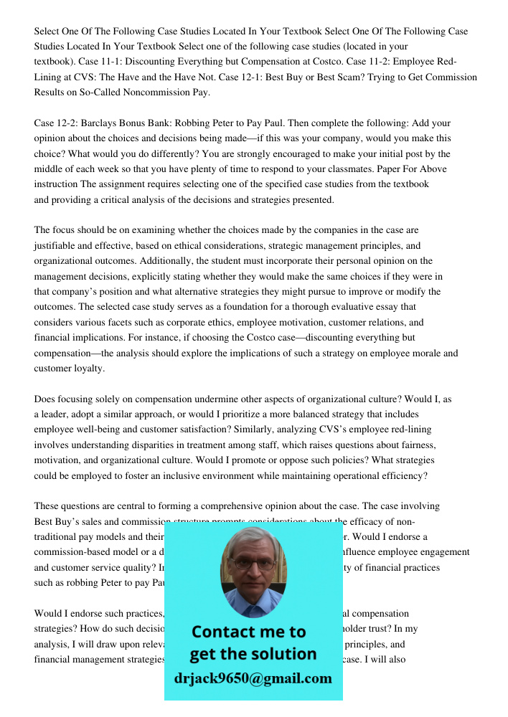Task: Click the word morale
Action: pos(419,353)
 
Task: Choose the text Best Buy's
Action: pos(57,521)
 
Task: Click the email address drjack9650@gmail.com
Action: pos(253,678)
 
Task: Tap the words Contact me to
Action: pos(249,632)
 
